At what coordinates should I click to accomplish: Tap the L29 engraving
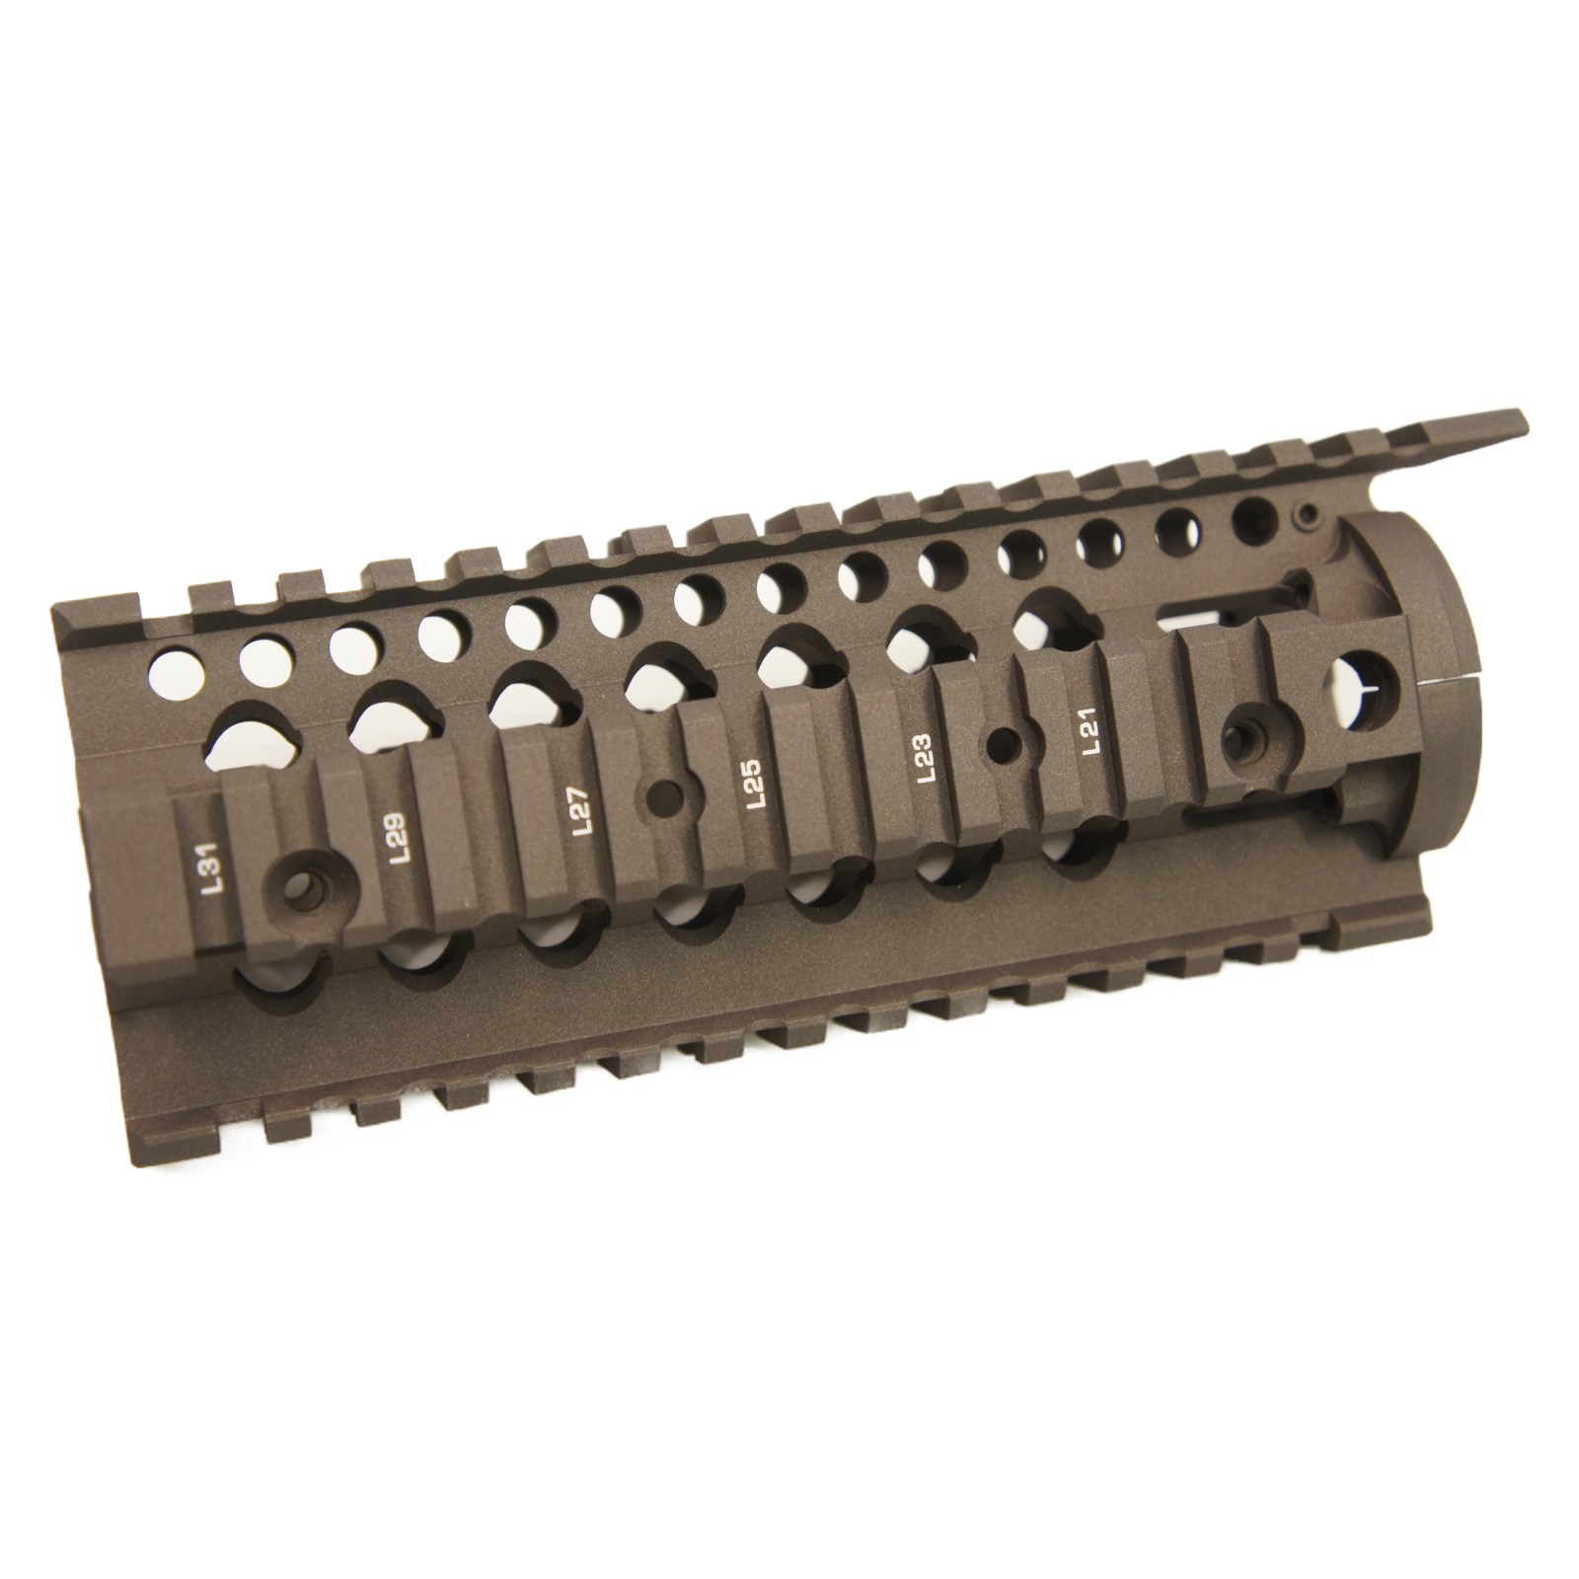click(x=402, y=837)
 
